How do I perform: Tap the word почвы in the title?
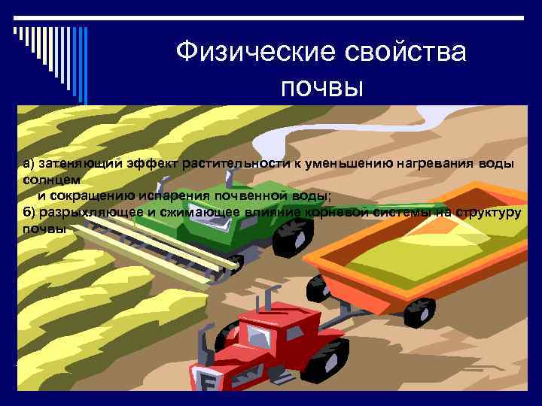click(321, 88)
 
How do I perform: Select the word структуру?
click(486, 212)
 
